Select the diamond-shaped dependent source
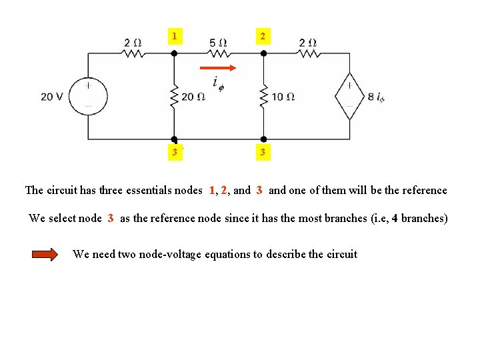[x=348, y=96]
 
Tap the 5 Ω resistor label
[x=218, y=43]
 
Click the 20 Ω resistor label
[x=193, y=97]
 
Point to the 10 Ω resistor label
[x=283, y=97]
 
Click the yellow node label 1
[x=174, y=36]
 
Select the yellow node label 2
[x=263, y=36]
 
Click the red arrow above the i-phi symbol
[x=218, y=67]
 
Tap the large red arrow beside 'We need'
[x=45, y=254]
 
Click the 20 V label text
[x=52, y=97]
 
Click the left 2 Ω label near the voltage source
[x=133, y=43]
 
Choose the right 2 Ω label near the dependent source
[x=308, y=43]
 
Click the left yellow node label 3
[x=174, y=153]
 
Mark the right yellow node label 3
[x=263, y=153]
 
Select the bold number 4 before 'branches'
[x=395, y=218]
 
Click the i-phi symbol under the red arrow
[x=218, y=82]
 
